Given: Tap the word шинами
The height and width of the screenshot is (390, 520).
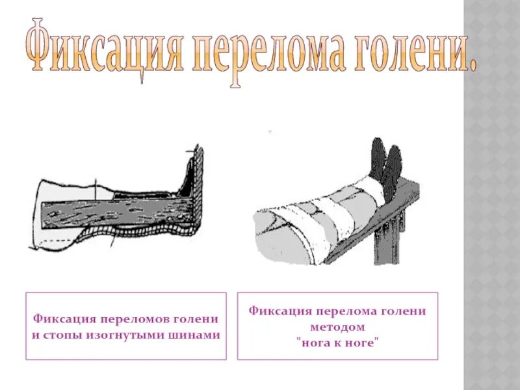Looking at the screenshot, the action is coord(194,335).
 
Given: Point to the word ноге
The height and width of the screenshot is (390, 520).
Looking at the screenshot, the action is coord(361,343).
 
